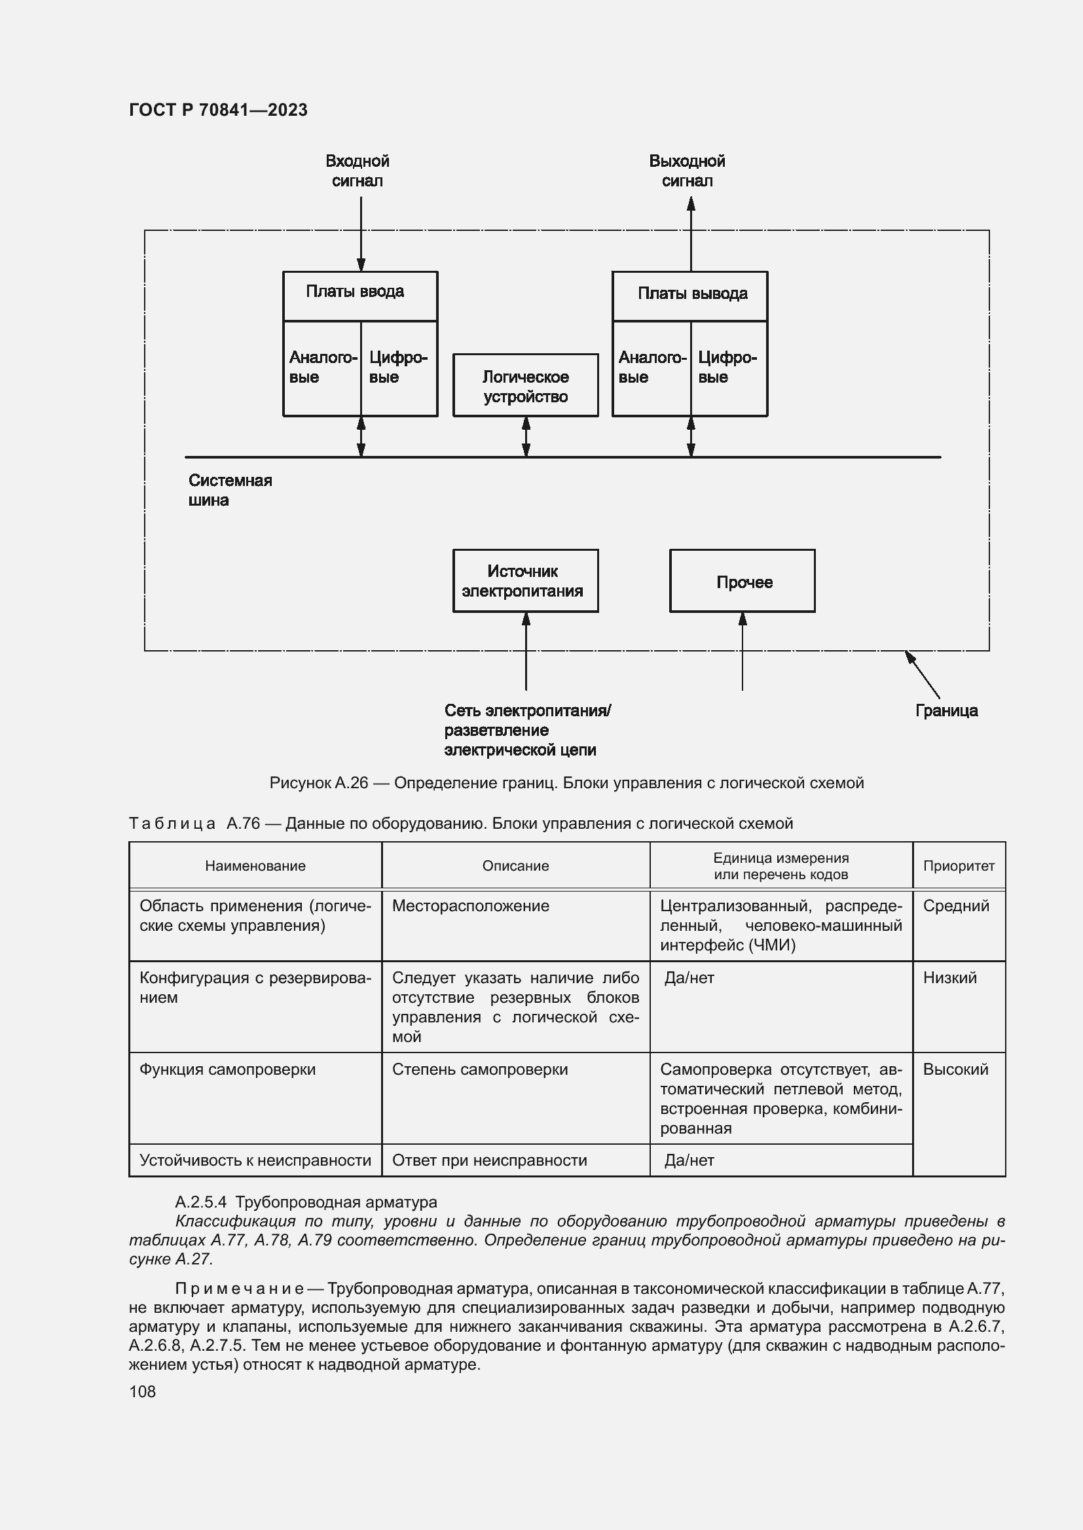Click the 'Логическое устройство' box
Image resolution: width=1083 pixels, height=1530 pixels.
click(526, 386)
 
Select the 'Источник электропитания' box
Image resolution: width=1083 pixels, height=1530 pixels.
click(526, 580)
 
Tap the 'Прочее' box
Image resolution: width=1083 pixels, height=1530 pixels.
click(743, 581)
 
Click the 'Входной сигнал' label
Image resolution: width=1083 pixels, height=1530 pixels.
click(358, 171)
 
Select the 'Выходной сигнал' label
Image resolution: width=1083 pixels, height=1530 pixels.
click(687, 171)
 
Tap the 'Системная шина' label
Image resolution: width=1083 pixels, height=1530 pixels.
click(230, 490)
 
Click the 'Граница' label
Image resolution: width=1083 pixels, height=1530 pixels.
click(945, 710)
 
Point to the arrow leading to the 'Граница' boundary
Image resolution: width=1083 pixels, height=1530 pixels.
click(923, 674)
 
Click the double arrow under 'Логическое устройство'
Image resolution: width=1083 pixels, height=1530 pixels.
click(526, 436)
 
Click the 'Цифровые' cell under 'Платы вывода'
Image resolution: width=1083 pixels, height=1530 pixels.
click(729, 368)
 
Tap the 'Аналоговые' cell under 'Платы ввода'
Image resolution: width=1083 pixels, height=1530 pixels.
click(322, 368)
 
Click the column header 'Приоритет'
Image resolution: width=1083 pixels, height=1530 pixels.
click(959, 865)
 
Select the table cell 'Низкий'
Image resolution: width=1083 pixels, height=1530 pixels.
click(949, 977)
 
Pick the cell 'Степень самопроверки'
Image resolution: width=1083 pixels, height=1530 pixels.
click(479, 1069)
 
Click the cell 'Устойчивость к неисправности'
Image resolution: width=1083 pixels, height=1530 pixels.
click(255, 1160)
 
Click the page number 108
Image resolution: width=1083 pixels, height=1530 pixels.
click(142, 1391)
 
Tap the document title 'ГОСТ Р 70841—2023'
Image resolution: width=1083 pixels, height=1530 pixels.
click(218, 110)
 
